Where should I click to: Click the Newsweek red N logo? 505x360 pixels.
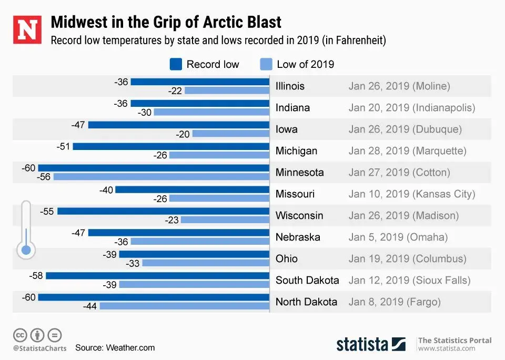point(27,30)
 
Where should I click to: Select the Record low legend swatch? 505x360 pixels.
point(176,64)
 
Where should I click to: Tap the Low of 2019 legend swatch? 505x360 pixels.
point(266,64)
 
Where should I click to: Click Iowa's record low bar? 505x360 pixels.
point(179,125)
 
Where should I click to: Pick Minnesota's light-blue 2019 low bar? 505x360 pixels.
point(161,177)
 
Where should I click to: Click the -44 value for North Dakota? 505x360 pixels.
point(89,306)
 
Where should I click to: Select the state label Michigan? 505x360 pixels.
point(296,151)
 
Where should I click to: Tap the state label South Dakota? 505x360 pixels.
point(307,281)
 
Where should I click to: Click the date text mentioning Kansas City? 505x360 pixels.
point(411,194)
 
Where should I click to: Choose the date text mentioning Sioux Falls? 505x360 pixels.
point(409,281)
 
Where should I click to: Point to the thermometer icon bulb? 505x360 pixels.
point(25,249)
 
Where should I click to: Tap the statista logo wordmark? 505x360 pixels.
point(362,345)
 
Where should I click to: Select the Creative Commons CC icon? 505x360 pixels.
point(20,335)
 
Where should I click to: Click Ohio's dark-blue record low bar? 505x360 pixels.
point(194,254)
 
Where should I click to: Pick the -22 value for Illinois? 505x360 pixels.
point(175,91)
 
